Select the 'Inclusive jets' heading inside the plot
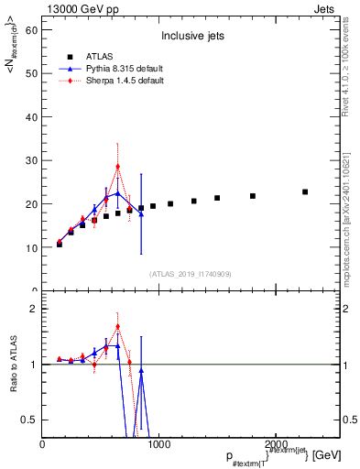[186, 37]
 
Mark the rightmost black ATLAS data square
[305, 191]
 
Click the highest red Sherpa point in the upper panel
[117, 167]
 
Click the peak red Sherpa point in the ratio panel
[117, 326]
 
